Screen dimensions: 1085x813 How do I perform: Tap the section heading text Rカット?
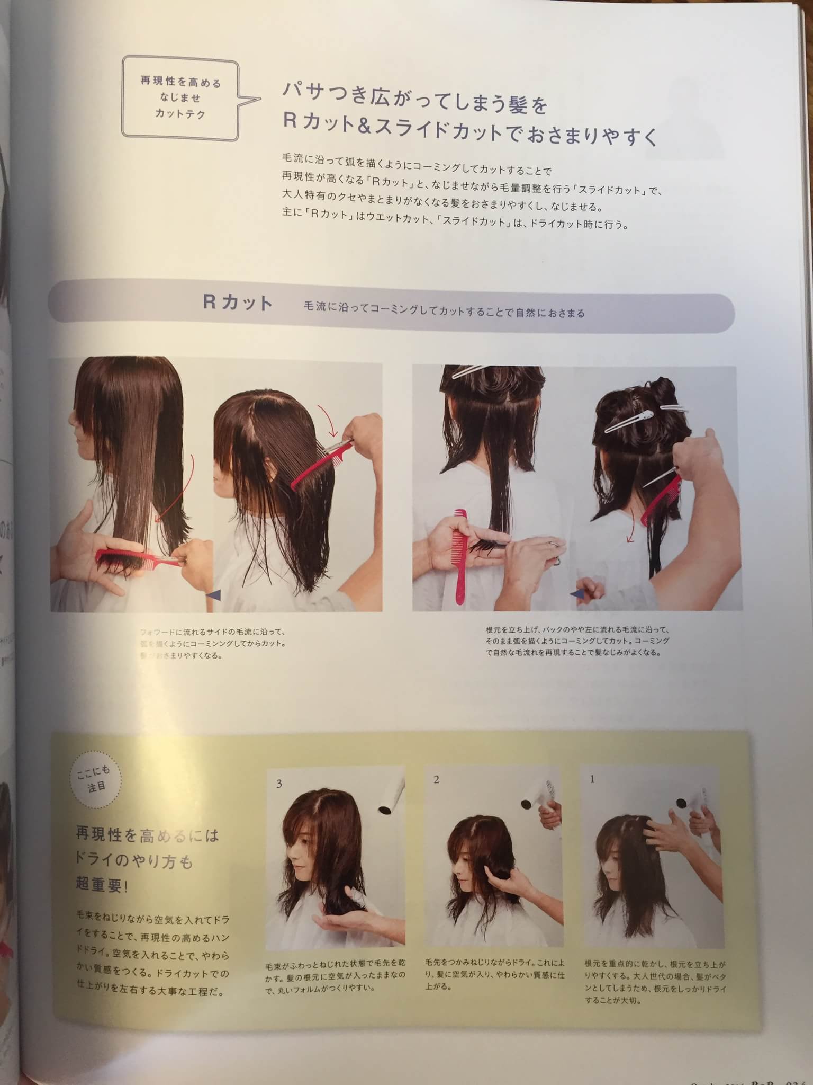click(238, 303)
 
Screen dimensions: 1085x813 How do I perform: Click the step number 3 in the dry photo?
click(279, 784)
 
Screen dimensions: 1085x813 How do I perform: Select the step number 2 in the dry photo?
click(436, 780)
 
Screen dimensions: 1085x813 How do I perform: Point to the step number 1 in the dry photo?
click(592, 779)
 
